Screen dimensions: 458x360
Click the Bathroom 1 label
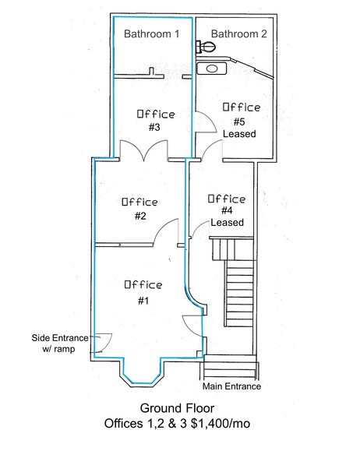pyautogui.click(x=153, y=34)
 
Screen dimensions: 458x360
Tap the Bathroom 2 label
pyautogui.click(x=239, y=34)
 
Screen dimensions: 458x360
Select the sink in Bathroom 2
pyautogui.click(x=211, y=69)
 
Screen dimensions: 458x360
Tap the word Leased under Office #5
pyautogui.click(x=239, y=134)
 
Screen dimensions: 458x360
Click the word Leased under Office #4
pyautogui.click(x=227, y=222)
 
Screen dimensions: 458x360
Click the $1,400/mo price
pyautogui.click(x=223, y=425)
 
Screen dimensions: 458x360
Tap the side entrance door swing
pyautogui.click(x=104, y=342)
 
